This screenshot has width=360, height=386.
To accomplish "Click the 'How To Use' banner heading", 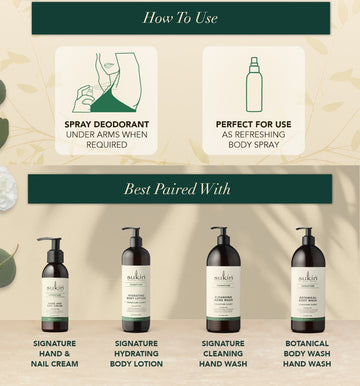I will [x=180, y=18].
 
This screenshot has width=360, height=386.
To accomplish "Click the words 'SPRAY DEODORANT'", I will [x=105, y=126].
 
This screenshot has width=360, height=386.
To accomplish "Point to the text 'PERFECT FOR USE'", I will [x=253, y=126].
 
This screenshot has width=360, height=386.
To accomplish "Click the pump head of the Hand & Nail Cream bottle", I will [x=50, y=243].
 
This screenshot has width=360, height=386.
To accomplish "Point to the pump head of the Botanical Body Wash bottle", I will [x=305, y=232].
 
